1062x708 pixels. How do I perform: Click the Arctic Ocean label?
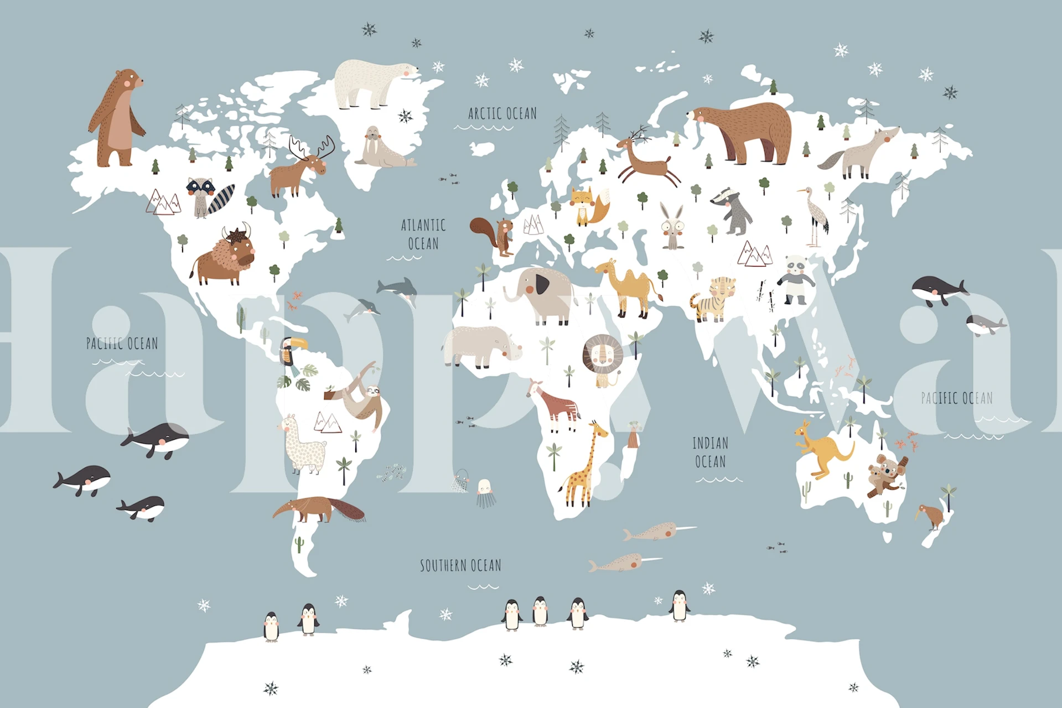(x=502, y=113)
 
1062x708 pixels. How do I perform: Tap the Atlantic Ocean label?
(x=423, y=234)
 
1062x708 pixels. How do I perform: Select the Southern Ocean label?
(x=460, y=565)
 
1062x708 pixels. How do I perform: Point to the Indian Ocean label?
(x=710, y=452)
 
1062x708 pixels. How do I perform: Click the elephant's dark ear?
(x=541, y=285)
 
